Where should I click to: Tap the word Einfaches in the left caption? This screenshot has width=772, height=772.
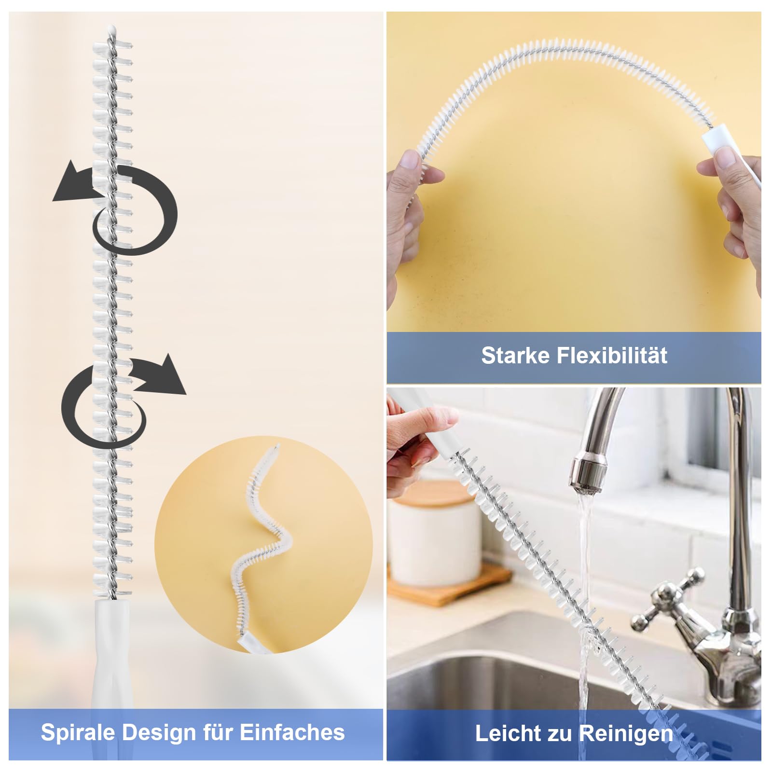(292, 732)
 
